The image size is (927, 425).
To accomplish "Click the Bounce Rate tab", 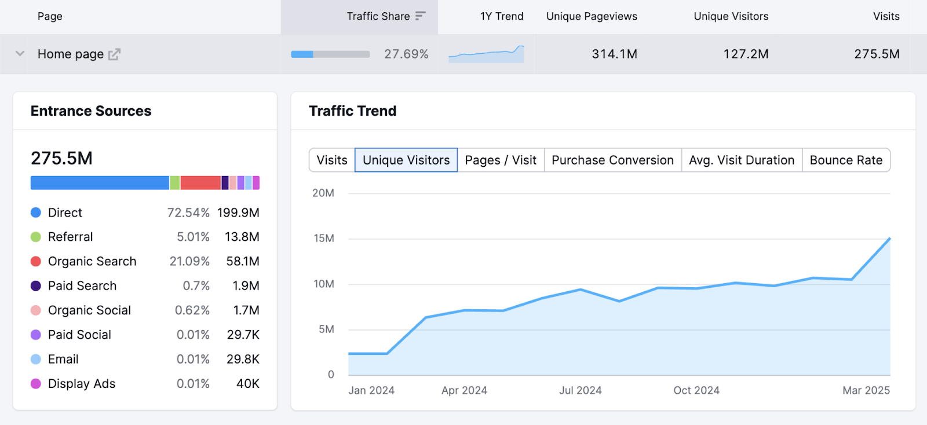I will [846, 160].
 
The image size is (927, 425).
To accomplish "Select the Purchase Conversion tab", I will [612, 160].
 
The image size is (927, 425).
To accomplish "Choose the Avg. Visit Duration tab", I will [742, 160].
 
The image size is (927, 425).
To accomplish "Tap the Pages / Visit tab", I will [501, 160].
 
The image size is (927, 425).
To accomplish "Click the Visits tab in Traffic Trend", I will [332, 160].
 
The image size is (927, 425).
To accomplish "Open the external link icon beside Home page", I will [114, 54].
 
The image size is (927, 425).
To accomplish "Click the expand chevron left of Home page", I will [20, 54].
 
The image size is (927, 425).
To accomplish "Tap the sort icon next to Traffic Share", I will [421, 16].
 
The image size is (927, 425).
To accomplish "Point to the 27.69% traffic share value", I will [406, 54].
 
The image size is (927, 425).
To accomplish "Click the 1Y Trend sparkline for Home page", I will [486, 54].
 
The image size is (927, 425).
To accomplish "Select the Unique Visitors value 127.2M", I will [746, 54].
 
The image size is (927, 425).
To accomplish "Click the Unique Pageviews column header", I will [592, 16].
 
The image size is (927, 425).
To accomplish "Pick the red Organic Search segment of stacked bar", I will [200, 183].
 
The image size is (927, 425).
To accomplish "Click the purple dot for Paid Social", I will [36, 335].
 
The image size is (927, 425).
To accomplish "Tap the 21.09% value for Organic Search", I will [189, 262].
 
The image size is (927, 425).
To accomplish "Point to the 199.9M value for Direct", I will [238, 213].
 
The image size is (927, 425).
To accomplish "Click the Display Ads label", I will [82, 384].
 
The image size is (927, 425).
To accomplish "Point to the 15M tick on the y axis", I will [324, 239].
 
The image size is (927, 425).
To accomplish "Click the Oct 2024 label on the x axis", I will [696, 391].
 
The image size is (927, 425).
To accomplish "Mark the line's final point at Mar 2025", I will [889, 239].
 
